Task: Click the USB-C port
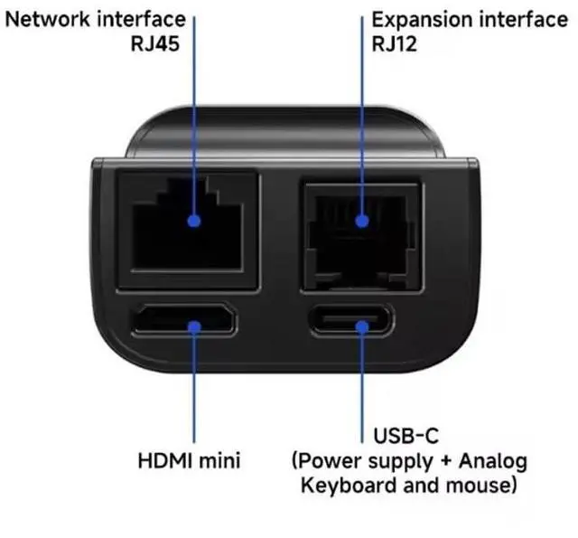coord(361,322)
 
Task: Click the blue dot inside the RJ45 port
coord(194,220)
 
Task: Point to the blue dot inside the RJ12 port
coord(362,220)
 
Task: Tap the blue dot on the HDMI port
coord(194,322)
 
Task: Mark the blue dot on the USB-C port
coord(362,323)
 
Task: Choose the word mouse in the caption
coord(480,486)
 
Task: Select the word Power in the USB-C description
coord(327,461)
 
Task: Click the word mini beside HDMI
coord(220,460)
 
